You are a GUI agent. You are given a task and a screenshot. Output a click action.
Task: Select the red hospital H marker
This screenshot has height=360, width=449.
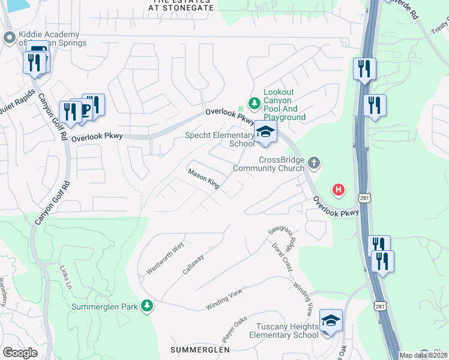tap(339, 190)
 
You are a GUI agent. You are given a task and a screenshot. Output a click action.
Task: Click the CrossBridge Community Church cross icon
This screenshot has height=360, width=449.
tap(313, 163)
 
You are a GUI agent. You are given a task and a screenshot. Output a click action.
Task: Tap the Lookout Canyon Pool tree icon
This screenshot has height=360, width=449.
tap(255, 103)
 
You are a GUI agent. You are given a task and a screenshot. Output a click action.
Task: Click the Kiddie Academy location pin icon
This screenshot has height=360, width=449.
tap(9, 38)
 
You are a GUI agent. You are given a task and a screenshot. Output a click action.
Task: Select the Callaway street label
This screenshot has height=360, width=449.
tap(194, 264)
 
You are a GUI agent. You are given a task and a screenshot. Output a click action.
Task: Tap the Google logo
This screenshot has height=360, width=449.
tap(20, 353)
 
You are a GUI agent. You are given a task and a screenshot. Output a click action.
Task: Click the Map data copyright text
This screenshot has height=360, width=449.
tap(423, 355)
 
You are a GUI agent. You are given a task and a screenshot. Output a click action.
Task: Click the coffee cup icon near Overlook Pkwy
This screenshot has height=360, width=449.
tap(84, 109)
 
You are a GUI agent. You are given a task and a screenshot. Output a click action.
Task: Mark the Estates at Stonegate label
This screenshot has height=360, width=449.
tap(181, 5)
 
